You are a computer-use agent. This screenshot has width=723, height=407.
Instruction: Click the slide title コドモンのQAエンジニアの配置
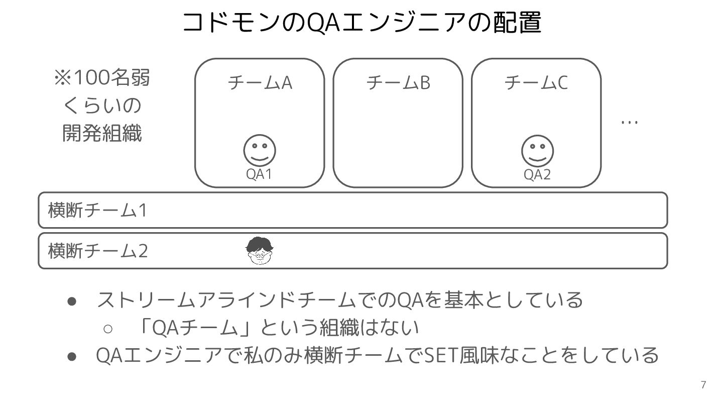pyautogui.click(x=361, y=23)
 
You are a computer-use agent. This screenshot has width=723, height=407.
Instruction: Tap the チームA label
pyautogui.click(x=260, y=82)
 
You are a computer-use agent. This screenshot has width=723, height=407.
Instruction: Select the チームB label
pyautogui.click(x=398, y=82)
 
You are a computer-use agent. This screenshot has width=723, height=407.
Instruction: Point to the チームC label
pyautogui.click(x=536, y=82)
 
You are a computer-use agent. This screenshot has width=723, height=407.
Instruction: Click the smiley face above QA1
pyautogui.click(x=260, y=151)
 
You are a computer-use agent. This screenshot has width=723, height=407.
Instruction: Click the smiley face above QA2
pyautogui.click(x=537, y=151)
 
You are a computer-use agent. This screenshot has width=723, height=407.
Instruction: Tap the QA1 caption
pyautogui.click(x=259, y=174)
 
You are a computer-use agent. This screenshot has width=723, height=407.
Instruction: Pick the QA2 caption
pyautogui.click(x=537, y=174)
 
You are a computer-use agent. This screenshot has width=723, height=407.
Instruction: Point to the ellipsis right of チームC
pyautogui.click(x=629, y=122)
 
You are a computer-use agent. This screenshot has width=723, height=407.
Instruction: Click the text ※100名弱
pyautogui.click(x=102, y=78)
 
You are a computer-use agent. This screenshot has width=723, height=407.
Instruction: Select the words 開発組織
pyautogui.click(x=102, y=134)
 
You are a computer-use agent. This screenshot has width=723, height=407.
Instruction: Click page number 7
pyautogui.click(x=703, y=385)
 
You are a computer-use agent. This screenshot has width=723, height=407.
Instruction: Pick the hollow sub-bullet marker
pyautogui.click(x=108, y=329)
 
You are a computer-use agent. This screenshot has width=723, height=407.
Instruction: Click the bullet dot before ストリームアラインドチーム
pyautogui.click(x=72, y=300)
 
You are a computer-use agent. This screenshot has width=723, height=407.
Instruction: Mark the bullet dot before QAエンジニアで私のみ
pyautogui.click(x=72, y=356)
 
